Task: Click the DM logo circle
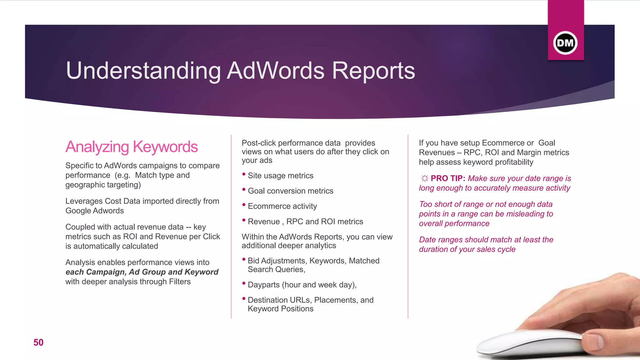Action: (565, 43)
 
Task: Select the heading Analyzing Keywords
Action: (132, 147)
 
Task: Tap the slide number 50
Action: (38, 342)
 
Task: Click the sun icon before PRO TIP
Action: (424, 178)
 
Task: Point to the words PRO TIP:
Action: (448, 178)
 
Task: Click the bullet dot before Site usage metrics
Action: (244, 174)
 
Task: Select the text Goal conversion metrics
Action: (290, 191)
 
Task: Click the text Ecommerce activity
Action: (282, 206)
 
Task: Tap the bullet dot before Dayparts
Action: (244, 283)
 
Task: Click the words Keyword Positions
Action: (280, 309)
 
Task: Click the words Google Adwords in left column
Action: (94, 211)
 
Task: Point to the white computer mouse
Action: (528, 345)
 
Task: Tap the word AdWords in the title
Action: (275, 71)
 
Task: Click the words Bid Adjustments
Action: (276, 261)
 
